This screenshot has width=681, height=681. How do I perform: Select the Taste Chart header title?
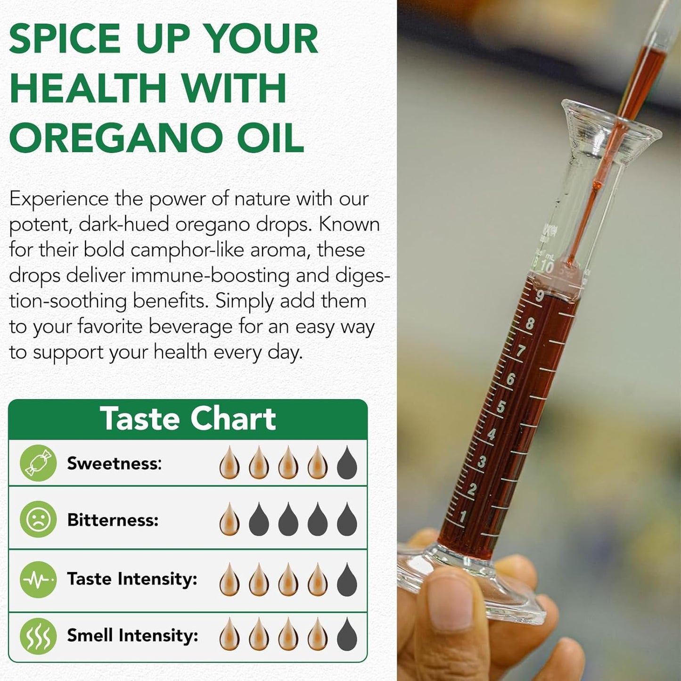[x=188, y=419]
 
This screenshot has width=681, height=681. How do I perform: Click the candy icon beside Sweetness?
[x=38, y=463]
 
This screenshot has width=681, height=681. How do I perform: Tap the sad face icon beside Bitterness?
[x=38, y=519]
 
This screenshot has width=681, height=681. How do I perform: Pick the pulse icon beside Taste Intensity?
[x=38, y=579]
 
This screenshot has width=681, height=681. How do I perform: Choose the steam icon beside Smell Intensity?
[x=38, y=636]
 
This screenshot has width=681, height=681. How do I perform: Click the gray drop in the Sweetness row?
[x=347, y=463]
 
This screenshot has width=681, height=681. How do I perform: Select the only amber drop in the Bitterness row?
[x=230, y=519]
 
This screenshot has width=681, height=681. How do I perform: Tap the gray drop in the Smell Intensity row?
[x=347, y=635]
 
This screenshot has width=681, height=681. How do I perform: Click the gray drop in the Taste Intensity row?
[x=347, y=580]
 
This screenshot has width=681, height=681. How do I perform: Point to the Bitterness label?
[x=113, y=520]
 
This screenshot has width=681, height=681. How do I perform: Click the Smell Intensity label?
[x=132, y=635]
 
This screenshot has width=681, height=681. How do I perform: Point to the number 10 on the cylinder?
[x=547, y=266]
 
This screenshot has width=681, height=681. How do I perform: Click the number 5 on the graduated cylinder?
[x=501, y=406]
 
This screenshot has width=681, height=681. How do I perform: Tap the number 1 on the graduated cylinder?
[x=463, y=516]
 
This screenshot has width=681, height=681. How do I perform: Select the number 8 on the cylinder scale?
[x=530, y=323]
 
